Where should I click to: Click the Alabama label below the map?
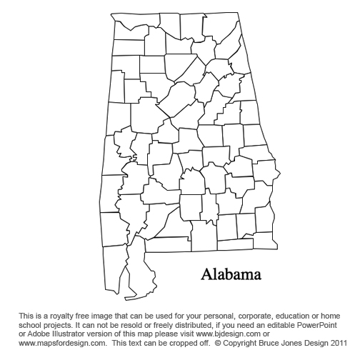(x=231, y=274)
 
